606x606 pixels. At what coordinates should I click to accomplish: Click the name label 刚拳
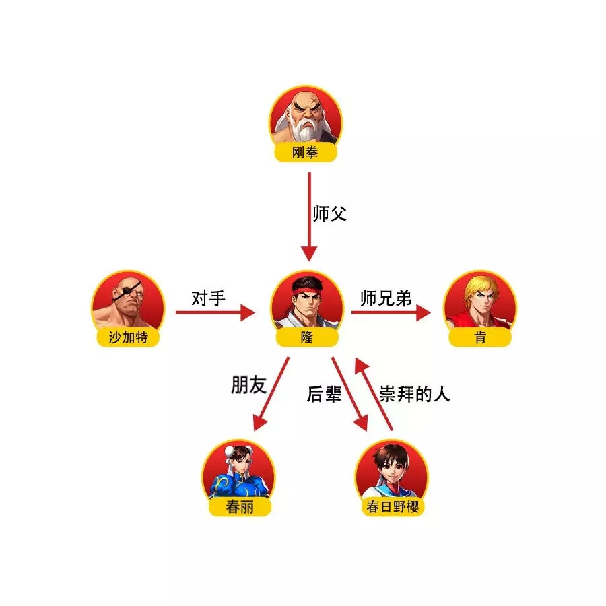pos(305,152)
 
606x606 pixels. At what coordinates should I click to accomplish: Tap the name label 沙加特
pos(128,337)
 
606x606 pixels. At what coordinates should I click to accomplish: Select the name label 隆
pos(307,337)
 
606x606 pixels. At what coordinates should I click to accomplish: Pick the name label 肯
pos(480,337)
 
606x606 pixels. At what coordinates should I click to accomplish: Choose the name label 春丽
pos(240,506)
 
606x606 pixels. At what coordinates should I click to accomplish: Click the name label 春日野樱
pos(393,506)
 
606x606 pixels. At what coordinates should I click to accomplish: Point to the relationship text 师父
pos(330,213)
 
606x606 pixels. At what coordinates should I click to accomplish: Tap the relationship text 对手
pos(208,298)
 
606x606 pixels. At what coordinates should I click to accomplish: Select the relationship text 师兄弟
pos(386,298)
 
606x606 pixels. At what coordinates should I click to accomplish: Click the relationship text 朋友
pos(249,385)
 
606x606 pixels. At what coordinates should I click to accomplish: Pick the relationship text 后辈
pos(325,394)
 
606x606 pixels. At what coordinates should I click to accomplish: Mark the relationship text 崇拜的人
pos(414,394)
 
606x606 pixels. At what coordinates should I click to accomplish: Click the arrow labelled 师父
pos(309,217)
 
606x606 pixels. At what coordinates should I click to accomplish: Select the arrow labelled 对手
pos(215,312)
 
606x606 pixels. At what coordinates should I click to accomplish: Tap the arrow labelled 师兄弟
pos(391,312)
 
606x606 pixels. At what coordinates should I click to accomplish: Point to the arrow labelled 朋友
pos(271,393)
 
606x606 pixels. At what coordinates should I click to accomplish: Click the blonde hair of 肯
pos(479,286)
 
